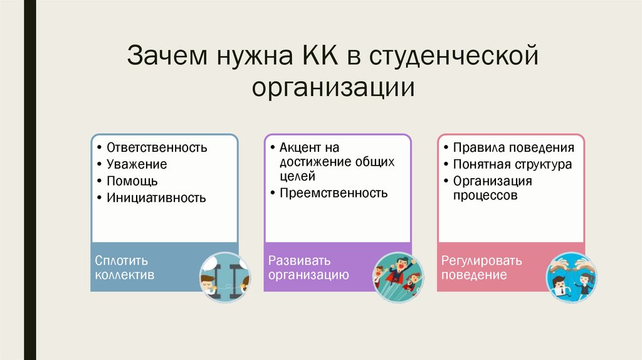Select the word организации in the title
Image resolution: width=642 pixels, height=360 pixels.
click(x=334, y=87)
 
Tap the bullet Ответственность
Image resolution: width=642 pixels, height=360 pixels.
click(x=156, y=148)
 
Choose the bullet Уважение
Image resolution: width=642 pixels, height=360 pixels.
click(x=136, y=164)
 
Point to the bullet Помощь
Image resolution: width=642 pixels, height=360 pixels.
click(x=132, y=181)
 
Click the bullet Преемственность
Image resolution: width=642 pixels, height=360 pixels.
click(x=334, y=193)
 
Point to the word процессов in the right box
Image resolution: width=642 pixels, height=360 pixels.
click(x=486, y=195)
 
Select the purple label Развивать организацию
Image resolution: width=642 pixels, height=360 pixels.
click(x=308, y=268)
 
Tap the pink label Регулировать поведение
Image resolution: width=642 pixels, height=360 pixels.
click(x=481, y=268)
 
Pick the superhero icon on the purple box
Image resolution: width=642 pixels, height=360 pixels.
click(x=397, y=277)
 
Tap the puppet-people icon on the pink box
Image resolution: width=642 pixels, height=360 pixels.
click(x=571, y=277)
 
